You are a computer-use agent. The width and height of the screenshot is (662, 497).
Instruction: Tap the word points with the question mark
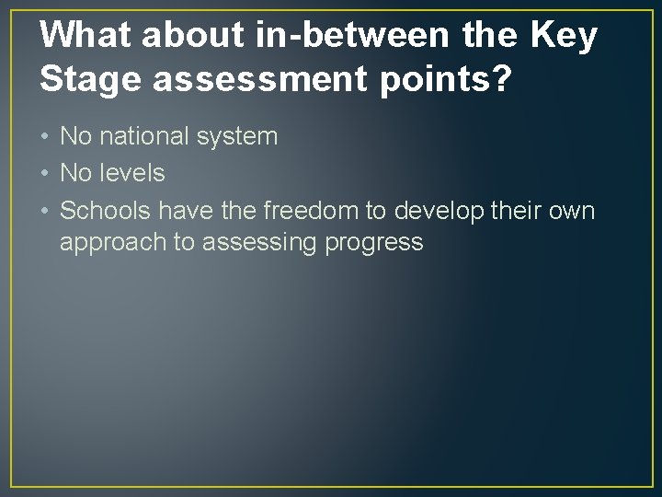[456, 81]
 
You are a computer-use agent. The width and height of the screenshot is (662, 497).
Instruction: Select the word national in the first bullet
[147, 137]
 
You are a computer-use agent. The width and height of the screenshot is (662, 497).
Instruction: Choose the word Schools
[107, 211]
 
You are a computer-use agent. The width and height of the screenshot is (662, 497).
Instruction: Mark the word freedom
[308, 211]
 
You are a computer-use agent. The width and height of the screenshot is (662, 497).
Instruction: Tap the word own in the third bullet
[573, 212]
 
